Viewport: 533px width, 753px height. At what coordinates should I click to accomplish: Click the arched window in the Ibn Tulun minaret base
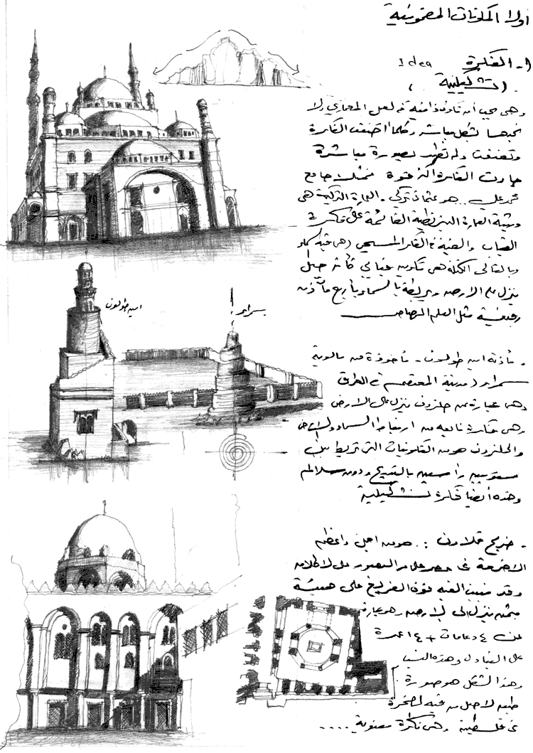pos(85,424)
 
